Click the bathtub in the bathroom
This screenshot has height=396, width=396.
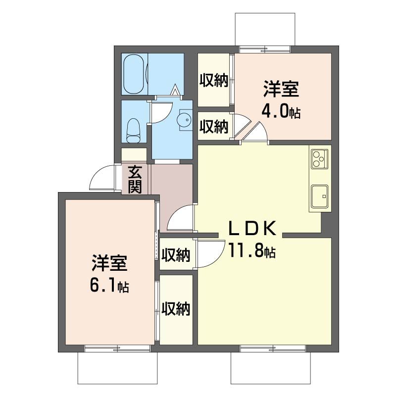point(134,74)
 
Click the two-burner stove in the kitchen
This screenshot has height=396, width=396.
point(318,158)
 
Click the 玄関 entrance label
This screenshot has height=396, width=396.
point(134,179)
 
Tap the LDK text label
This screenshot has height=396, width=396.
point(251,228)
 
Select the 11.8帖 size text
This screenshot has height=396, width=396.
point(251,251)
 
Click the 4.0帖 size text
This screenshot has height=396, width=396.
point(281,112)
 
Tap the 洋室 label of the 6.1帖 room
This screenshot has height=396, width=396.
point(109,263)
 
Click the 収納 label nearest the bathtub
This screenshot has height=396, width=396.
point(214,80)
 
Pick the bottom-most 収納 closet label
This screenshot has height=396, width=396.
point(176,309)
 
